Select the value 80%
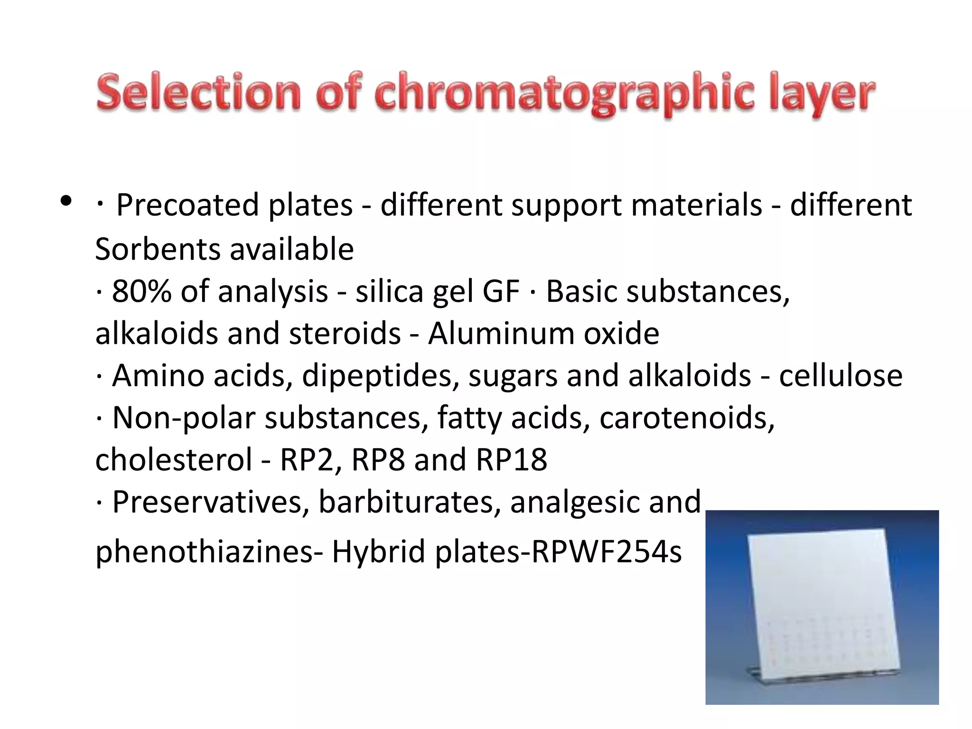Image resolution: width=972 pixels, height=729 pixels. [x=141, y=291]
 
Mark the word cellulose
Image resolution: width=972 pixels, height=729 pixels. [x=841, y=375]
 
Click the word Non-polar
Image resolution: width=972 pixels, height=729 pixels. [x=184, y=418]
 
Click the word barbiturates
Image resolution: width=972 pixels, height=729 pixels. [x=410, y=502]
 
